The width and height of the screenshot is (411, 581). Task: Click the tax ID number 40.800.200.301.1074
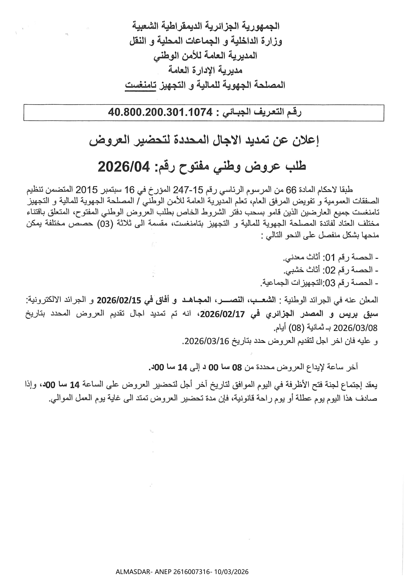[x=160, y=113]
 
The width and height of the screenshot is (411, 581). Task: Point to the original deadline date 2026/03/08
[x=356, y=328]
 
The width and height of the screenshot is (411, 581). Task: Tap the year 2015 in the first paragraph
[x=87, y=190]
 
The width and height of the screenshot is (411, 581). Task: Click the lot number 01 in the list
[x=331, y=257]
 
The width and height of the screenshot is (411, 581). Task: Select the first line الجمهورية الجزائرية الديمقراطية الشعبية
[x=206, y=26]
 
